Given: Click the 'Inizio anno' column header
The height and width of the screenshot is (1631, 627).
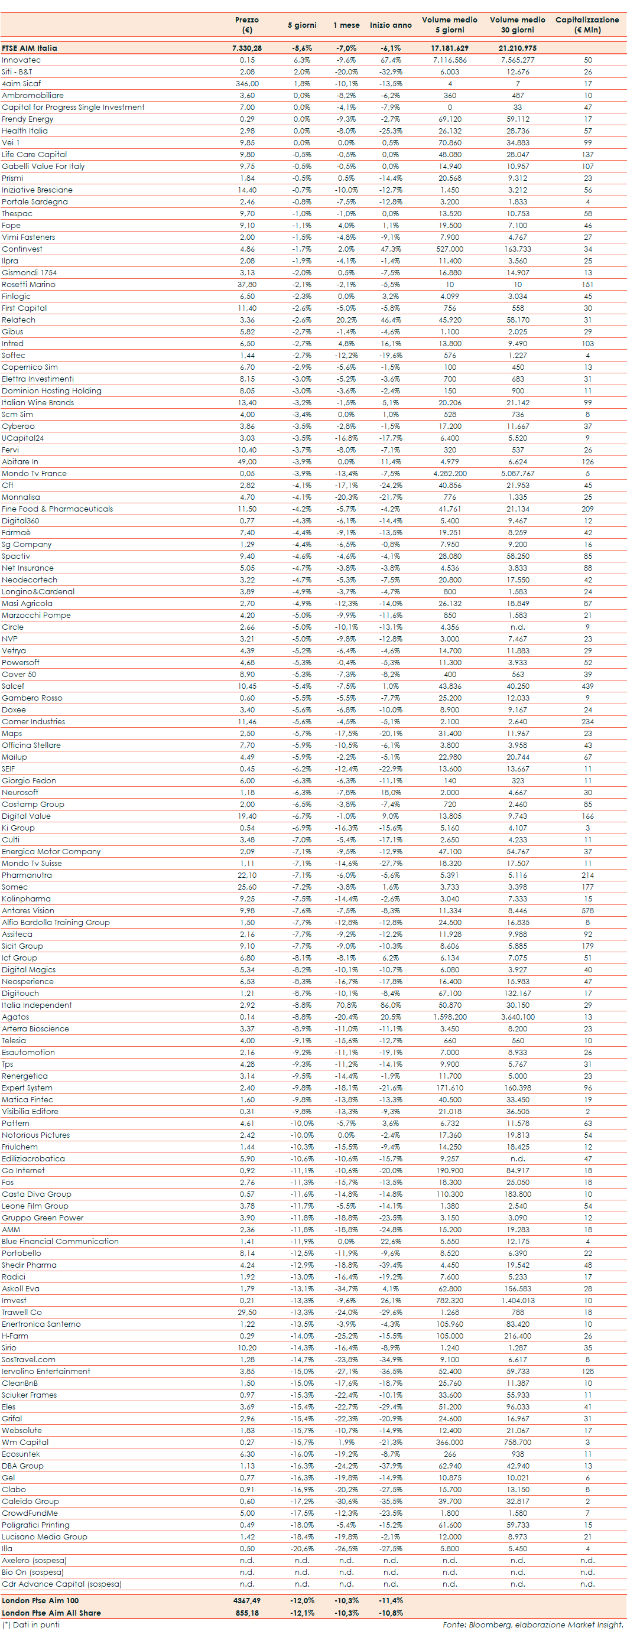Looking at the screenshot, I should [390, 25].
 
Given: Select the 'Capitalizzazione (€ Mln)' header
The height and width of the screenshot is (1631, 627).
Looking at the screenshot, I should [587, 25].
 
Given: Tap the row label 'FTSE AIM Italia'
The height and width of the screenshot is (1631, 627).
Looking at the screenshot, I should [29, 48].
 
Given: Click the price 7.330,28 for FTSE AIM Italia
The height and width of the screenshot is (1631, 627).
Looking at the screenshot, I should [247, 48].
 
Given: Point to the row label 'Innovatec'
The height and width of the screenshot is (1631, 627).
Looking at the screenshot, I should [21, 60].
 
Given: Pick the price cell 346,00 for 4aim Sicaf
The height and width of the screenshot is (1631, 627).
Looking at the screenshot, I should [247, 83].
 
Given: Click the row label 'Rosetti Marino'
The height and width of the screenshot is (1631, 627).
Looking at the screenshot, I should [28, 284].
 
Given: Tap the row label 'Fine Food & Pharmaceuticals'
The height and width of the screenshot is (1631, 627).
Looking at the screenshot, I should [57, 509].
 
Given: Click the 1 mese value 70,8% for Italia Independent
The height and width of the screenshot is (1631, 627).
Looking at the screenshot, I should [346, 1005].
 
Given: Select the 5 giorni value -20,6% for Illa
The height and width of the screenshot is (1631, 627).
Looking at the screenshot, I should [302, 1549].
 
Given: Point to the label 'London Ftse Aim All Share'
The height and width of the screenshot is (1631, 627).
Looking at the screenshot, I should [51, 1613].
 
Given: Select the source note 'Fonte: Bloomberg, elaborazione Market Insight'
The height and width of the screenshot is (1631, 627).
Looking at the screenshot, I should [532, 1625].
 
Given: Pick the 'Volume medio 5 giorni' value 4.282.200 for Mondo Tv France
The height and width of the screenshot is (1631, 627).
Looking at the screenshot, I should [450, 474].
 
